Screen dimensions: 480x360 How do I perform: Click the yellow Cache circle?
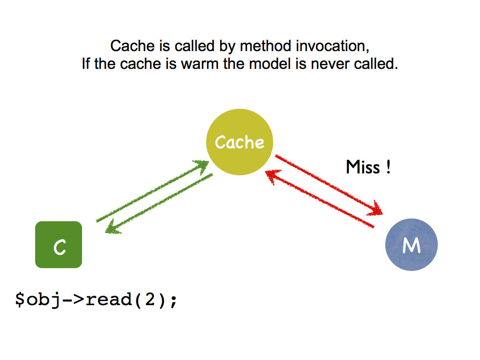tap(240, 142)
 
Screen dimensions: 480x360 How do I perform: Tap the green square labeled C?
tap(59, 245)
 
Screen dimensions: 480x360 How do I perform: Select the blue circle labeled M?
tap(412, 245)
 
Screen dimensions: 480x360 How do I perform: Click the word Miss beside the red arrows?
tap(363, 167)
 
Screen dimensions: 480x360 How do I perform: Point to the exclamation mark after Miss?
tap(388, 167)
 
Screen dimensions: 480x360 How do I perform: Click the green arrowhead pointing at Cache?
tap(202, 166)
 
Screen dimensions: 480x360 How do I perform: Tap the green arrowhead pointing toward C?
tap(112, 227)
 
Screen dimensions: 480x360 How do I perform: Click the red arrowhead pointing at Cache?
tap(272, 177)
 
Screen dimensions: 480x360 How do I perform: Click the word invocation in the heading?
tap(332, 46)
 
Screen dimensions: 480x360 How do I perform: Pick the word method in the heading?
tap(265, 46)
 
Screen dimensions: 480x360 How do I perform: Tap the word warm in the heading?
tap(200, 64)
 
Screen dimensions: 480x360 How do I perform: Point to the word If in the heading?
tap(86, 64)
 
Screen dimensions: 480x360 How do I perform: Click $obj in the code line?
tap(37, 300)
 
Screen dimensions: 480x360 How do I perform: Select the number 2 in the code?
tap(150, 300)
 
